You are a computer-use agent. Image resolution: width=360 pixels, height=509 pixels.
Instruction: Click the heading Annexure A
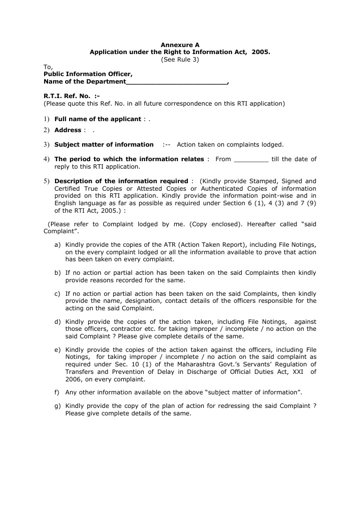point(180,45)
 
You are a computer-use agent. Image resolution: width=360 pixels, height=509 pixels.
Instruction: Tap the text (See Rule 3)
point(180,59)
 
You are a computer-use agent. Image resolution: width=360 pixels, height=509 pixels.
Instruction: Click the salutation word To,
point(48,67)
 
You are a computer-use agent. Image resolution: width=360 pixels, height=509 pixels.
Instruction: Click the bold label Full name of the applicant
point(98,119)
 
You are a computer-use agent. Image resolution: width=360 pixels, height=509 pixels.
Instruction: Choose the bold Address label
point(68,130)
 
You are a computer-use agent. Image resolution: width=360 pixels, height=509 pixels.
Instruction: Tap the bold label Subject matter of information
point(104,145)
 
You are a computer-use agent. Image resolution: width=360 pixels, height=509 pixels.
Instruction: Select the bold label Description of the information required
point(121,181)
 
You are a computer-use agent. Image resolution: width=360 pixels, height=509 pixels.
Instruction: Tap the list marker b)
point(58,273)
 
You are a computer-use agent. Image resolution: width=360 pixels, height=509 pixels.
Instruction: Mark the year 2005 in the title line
point(260,52)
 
